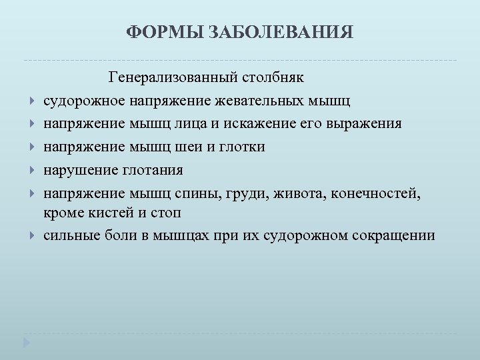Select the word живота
303,193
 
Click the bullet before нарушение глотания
32,170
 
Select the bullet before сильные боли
32,236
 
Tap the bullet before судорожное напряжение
32,102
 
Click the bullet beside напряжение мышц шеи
32,147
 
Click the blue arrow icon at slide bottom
27,343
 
